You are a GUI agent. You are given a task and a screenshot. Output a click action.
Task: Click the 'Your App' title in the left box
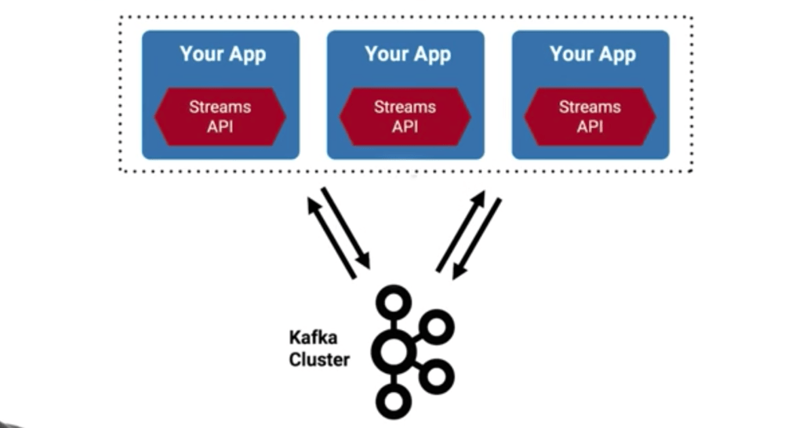point(223,54)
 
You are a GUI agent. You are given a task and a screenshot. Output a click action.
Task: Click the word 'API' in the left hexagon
point(220,126)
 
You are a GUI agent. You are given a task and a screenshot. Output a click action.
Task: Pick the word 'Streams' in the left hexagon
point(220,107)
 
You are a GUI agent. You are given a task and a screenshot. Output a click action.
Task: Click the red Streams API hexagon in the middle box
point(405,117)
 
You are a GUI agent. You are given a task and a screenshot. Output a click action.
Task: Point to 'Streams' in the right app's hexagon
point(590,107)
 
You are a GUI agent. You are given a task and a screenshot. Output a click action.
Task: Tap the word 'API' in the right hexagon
point(590,126)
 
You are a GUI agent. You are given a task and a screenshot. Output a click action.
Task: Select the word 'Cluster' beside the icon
point(320,359)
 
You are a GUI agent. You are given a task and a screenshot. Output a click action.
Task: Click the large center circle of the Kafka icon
point(394,351)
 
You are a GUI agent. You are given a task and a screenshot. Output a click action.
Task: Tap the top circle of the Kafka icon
point(394,302)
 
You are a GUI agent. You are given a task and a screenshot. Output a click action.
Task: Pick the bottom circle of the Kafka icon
point(394,401)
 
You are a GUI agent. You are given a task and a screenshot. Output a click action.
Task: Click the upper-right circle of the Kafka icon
point(436,327)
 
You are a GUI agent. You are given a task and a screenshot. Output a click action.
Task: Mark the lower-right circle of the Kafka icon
point(436,377)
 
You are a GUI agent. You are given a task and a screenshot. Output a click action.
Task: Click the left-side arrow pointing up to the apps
point(331,238)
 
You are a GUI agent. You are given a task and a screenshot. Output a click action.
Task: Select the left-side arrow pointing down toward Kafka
point(346,228)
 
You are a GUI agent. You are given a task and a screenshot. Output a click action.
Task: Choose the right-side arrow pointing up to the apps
point(461,231)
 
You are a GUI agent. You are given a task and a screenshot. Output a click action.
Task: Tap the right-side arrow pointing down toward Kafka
point(476,239)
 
